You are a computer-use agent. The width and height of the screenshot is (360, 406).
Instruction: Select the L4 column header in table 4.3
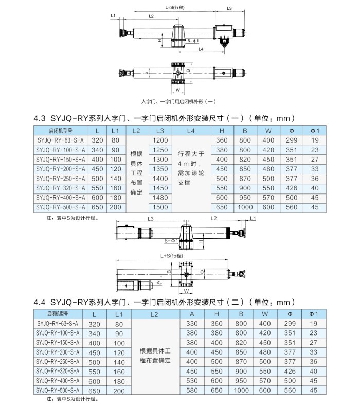[x=191, y=131]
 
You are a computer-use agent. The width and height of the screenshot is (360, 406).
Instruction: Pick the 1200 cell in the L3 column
[x=160, y=140]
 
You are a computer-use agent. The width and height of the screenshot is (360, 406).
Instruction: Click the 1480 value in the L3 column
[x=160, y=198]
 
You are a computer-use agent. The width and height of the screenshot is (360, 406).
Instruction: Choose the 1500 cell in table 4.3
[x=160, y=207]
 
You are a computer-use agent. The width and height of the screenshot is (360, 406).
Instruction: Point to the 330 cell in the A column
[x=191, y=324]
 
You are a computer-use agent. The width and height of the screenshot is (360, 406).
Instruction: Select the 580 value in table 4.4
[x=191, y=391]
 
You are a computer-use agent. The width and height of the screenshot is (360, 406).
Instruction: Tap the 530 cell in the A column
[x=191, y=381]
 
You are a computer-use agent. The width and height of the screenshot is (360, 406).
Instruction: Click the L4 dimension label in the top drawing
[x=201, y=49]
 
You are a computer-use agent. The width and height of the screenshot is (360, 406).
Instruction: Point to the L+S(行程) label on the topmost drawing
[x=174, y=8]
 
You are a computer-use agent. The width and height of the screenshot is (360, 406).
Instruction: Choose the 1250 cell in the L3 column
[x=160, y=150]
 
